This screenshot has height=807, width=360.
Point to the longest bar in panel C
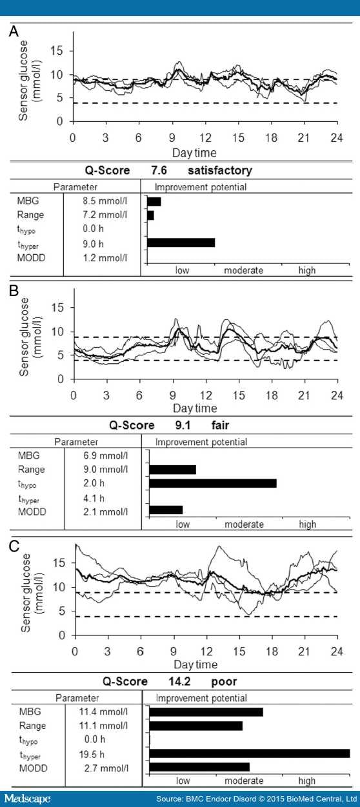click(250, 753)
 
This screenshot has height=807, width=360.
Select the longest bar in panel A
click(181, 243)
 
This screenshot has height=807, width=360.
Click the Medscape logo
click(26, 799)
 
